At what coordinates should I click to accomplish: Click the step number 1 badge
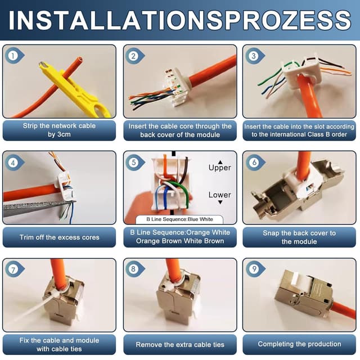coord(13,56)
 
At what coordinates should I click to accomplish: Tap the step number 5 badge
coord(134,163)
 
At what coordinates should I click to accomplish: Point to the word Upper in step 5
coord(220,168)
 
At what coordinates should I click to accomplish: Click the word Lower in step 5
coord(220,195)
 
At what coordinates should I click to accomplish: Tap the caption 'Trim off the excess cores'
coord(60,237)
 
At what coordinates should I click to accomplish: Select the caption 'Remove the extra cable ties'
coord(180,344)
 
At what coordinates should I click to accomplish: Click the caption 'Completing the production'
coord(299,344)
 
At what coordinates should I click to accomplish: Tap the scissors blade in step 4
coord(39,208)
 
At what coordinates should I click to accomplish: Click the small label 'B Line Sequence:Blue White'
coord(180,219)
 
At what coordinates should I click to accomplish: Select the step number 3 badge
coord(254,56)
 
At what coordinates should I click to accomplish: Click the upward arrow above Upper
coord(220,162)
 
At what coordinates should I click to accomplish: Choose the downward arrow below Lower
coord(220,202)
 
